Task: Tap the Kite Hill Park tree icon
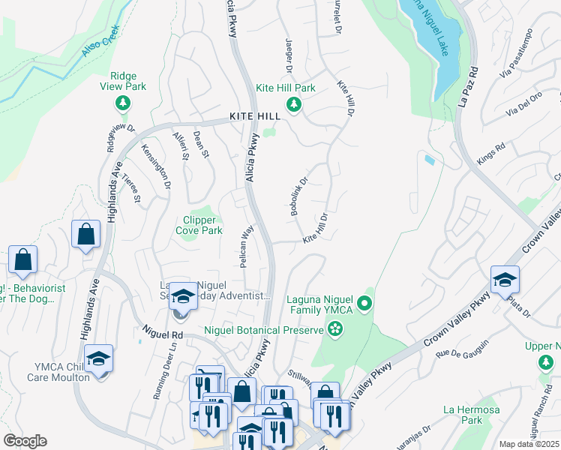(x=295, y=103)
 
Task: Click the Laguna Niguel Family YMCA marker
(x=364, y=304)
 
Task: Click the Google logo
(x=25, y=441)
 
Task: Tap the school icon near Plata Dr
(x=505, y=279)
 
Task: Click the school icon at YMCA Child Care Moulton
(x=98, y=358)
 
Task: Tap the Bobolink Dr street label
(x=299, y=196)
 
